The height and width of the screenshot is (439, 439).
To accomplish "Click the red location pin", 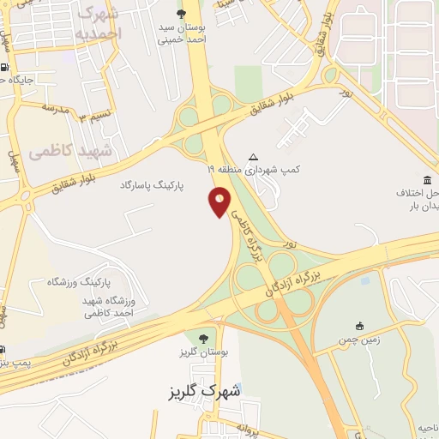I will click(x=220, y=201).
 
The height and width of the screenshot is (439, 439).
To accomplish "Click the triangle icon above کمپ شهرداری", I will click(x=252, y=157).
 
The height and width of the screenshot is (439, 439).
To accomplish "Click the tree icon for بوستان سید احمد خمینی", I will click(x=180, y=14).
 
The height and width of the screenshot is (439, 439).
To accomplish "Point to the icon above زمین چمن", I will click(x=359, y=326).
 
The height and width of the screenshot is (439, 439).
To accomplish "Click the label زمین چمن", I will click(x=359, y=340).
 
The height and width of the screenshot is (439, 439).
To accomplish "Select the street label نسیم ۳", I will click(x=94, y=115).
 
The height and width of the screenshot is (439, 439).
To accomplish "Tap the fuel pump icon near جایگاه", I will click(x=4, y=68).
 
